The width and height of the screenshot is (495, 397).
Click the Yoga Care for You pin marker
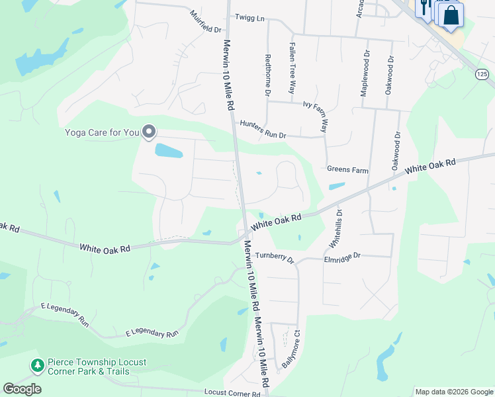[149, 132]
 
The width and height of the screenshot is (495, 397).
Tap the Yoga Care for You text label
[102, 132]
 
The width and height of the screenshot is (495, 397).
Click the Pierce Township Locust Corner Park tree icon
[37, 365]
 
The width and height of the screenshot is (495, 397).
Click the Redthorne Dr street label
[268, 75]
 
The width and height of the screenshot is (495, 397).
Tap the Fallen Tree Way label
[292, 68]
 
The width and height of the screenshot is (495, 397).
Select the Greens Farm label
[347, 170]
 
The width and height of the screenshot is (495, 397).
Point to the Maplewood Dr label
[365, 73]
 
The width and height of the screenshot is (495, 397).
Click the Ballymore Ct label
[292, 349]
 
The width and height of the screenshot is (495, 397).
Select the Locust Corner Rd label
[232, 393]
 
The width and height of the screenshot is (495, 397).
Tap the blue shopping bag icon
[451, 15]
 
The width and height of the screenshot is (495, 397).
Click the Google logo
[22, 389]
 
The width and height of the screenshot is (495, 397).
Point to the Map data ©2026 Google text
[453, 392]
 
